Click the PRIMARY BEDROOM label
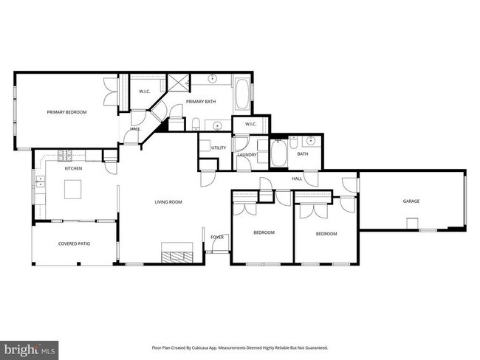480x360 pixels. point(66,112)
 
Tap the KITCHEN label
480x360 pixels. point(73,169)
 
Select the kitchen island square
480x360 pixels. point(73,190)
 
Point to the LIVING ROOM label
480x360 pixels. point(168,201)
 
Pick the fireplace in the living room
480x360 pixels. point(177,256)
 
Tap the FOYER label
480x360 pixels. point(217,237)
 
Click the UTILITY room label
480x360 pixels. point(218,148)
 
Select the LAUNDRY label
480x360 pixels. point(247,155)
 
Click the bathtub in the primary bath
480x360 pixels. point(242,96)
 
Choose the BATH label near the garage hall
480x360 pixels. point(303,154)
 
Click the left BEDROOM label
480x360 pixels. point(264,232)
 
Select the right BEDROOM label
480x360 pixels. point(326,234)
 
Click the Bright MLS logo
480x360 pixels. point(30,347)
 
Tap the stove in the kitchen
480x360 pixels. point(64,155)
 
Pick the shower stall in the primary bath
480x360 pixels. point(177,83)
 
